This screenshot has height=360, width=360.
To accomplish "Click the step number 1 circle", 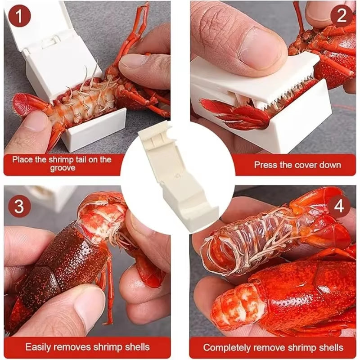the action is pos(19,16).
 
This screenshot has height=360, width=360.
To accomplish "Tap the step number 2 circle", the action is pos(342,16).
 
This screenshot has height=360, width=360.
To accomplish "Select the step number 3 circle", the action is pos(19,206).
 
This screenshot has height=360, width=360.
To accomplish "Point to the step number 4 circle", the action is pos(339,206).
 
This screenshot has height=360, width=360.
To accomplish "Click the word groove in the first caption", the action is pos(63,168).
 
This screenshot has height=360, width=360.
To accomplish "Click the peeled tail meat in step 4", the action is pos(239,305).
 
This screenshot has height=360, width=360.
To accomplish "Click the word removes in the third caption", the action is pos(71,347).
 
